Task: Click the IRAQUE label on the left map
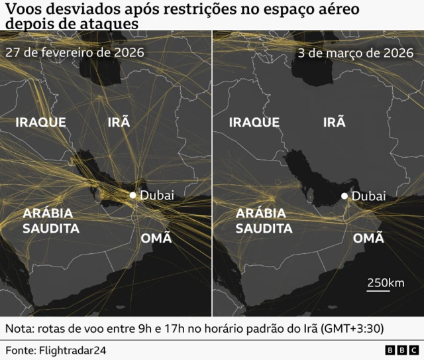point(40,122)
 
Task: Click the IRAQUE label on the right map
point(254,122)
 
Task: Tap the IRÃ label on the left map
point(119,122)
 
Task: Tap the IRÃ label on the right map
point(334,122)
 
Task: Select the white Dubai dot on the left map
point(133,195)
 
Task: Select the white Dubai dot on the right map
point(344,196)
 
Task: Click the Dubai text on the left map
point(158,195)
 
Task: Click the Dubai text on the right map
point(369,196)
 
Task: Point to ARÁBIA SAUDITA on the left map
point(51,221)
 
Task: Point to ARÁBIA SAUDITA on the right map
point(264,221)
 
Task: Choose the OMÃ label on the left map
point(156,238)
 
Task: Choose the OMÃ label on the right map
point(368,238)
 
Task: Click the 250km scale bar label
point(386,282)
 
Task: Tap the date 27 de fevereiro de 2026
point(75,52)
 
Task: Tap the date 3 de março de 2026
point(351,53)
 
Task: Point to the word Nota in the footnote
point(19,329)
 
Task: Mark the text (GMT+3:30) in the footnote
point(350,329)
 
